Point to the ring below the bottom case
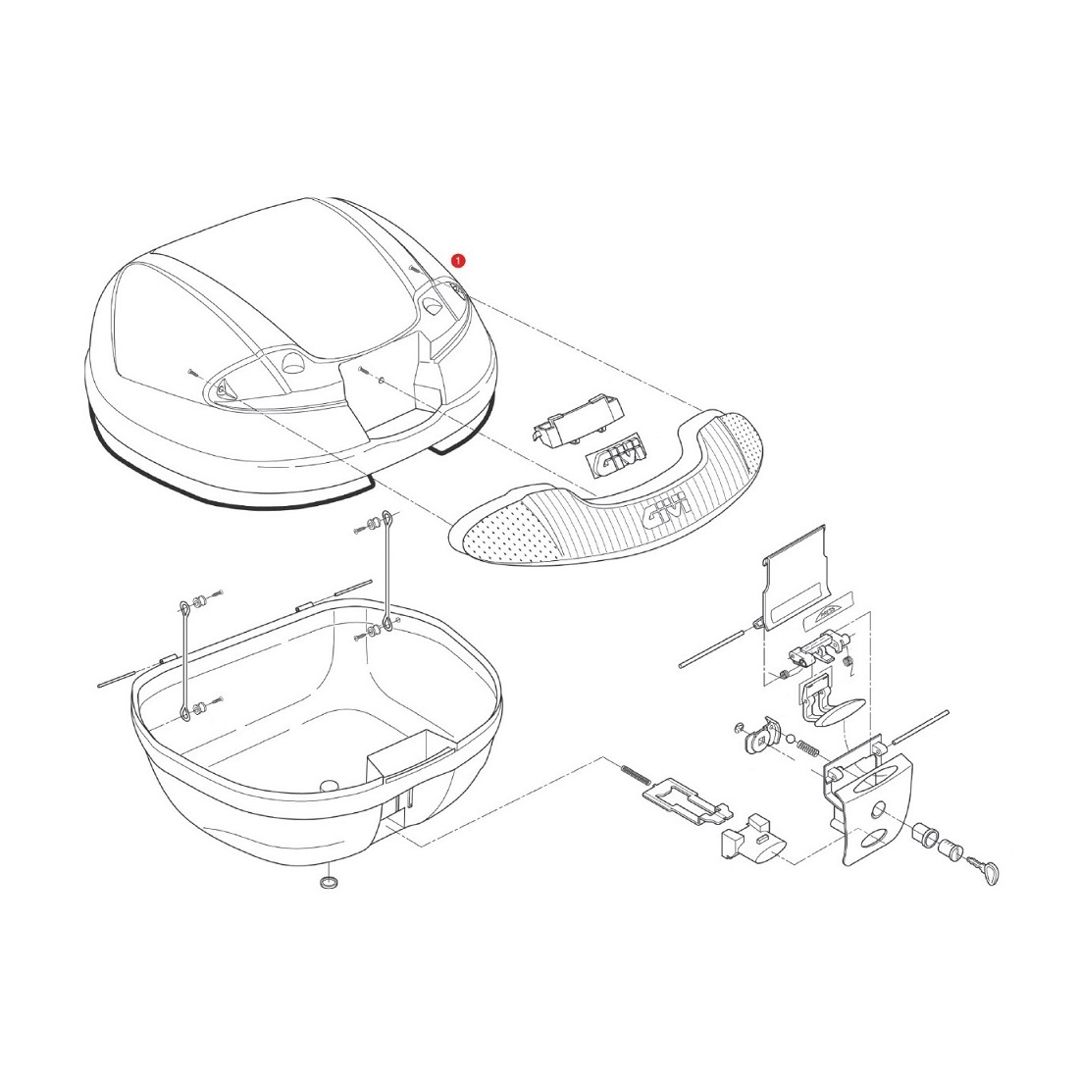[329, 883]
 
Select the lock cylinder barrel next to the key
[952, 846]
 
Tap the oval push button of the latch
[834, 713]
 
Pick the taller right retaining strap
[387, 570]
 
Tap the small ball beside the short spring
[791, 742]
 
